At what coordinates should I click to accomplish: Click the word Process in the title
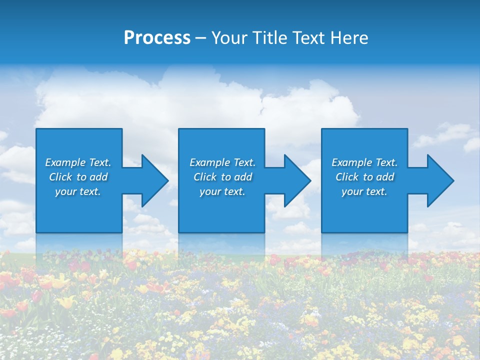pos(157,38)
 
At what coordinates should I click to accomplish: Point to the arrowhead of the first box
pos(155,180)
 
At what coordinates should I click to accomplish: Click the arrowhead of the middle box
pos(297,180)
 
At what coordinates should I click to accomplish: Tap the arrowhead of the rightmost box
pos(440,180)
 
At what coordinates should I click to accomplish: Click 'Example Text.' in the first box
pos(78,162)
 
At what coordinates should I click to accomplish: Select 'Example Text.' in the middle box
pos(222,162)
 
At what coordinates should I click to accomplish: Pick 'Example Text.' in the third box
pos(364,162)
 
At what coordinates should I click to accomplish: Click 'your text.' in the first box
pos(78,191)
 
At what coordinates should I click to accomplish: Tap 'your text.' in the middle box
pos(222,191)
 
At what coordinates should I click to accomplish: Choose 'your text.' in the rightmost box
pos(364,191)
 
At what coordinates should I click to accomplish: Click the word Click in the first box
pos(60,177)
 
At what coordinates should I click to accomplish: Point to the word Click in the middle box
pos(205,177)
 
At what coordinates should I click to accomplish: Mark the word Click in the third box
pos(347,177)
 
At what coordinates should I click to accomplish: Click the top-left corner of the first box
pos(37,129)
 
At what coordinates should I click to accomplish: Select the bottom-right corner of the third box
pos(406,231)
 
